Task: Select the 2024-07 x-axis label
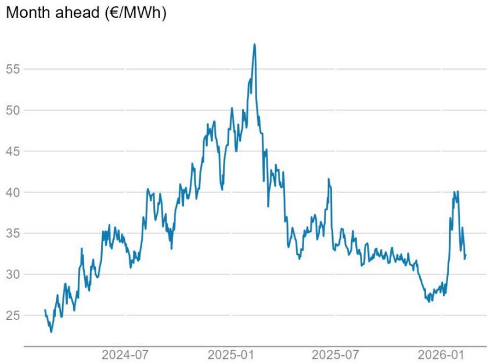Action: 123,354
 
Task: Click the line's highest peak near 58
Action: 254,44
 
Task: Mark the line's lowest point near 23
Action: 51,332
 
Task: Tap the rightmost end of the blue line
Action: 466,255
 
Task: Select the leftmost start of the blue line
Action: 45,310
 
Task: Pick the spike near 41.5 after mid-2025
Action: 329,179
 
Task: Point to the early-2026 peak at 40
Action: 457,191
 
